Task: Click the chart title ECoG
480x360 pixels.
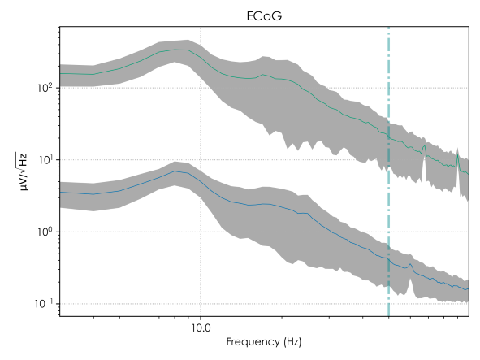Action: [265, 15]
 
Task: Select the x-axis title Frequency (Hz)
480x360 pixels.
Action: [265, 343]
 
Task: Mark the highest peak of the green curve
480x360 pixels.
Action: [184, 50]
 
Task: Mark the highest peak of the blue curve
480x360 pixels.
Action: [175, 171]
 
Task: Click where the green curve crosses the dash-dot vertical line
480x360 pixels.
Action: [389, 135]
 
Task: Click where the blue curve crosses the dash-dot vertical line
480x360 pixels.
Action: [389, 258]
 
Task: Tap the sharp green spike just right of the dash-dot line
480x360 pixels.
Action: [423, 148]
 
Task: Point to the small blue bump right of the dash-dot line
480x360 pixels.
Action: [412, 265]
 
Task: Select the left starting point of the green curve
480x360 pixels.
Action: [61, 73]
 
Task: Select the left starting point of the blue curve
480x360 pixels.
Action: [61, 193]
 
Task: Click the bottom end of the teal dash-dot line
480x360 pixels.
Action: [389, 317]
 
